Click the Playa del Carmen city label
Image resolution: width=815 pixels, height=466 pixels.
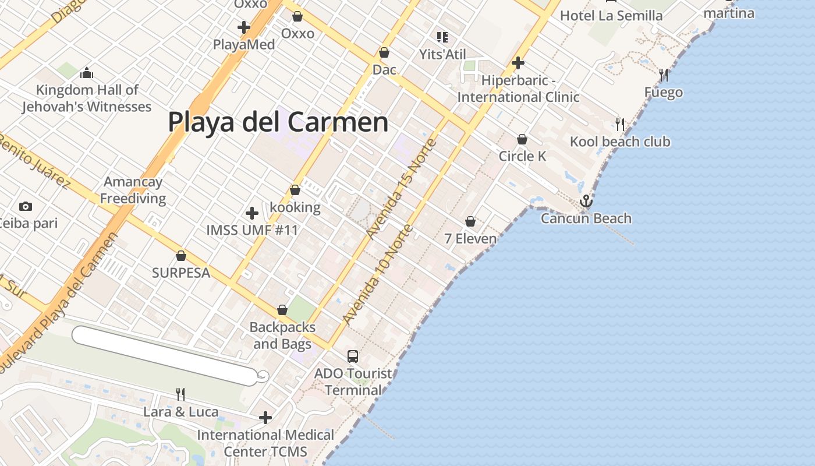pyautogui.click(x=278, y=122)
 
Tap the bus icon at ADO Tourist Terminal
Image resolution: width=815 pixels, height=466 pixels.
pyautogui.click(x=353, y=356)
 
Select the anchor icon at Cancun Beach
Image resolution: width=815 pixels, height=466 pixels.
pyautogui.click(x=586, y=202)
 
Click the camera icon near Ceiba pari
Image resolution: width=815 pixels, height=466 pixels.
pyautogui.click(x=25, y=206)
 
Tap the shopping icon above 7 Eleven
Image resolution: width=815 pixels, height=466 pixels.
pyautogui.click(x=470, y=221)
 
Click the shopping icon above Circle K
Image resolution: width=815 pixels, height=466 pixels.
pyautogui.click(x=522, y=139)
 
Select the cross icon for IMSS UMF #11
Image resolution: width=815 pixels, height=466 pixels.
pyautogui.click(x=252, y=213)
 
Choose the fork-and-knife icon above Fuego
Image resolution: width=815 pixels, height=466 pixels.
pyautogui.click(x=663, y=75)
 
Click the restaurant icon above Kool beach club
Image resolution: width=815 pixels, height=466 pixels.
pyautogui.click(x=620, y=124)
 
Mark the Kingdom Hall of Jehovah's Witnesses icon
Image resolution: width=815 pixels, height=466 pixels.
pyautogui.click(x=87, y=73)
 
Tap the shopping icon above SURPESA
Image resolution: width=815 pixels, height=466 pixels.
pyautogui.click(x=181, y=256)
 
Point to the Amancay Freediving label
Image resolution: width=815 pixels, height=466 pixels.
pyautogui.click(x=133, y=190)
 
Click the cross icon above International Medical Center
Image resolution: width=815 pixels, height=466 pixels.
pyautogui.click(x=265, y=417)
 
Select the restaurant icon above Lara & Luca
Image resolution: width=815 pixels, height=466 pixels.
pyautogui.click(x=180, y=394)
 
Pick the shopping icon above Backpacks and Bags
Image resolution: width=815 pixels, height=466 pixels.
pyautogui.click(x=282, y=310)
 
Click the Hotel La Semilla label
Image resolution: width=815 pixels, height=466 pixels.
pyautogui.click(x=611, y=16)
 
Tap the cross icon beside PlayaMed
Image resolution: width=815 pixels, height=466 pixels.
pyautogui.click(x=244, y=27)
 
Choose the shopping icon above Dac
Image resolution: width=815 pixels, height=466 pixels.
pyautogui.click(x=384, y=52)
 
